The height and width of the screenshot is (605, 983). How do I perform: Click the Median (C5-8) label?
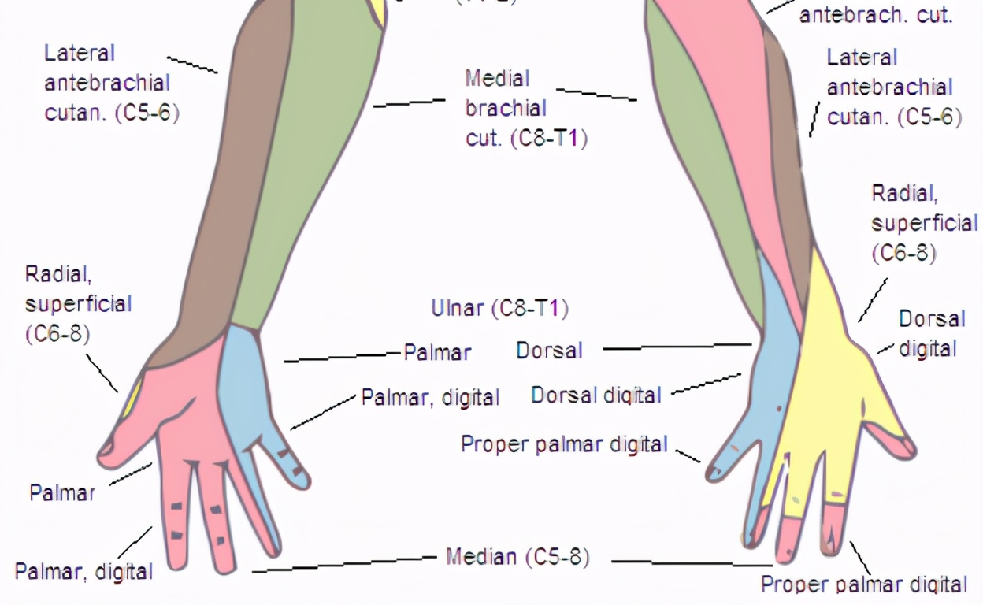517,558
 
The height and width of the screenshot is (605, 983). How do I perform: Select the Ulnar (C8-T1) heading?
499,309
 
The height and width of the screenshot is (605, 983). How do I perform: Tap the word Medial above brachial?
497,79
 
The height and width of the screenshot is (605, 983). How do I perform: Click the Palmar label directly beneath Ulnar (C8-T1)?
437,352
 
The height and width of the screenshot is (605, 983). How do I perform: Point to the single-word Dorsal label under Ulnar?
549,351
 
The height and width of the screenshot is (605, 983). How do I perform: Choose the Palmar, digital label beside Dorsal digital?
430,397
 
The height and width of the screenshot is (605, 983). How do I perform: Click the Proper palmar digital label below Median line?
863,585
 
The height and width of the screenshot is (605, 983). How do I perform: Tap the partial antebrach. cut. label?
876,15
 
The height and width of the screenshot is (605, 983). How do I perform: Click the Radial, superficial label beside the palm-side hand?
77,304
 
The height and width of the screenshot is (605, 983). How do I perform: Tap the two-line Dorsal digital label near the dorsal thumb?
932,333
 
